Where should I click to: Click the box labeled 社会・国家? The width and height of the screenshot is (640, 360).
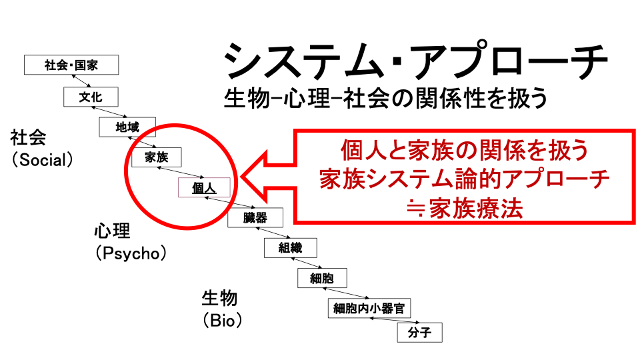71,65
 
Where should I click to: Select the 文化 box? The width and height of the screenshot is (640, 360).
91,97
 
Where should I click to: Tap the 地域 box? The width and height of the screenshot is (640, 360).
127,127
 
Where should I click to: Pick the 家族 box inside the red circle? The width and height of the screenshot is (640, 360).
156,157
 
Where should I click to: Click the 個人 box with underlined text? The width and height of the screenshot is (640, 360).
204,188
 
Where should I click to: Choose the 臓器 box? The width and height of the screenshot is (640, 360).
255,218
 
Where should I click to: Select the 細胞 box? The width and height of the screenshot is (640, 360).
322,278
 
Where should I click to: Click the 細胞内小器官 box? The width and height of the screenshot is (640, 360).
369,308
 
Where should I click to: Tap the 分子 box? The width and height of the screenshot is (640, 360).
419,333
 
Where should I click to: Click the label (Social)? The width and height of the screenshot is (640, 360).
41,161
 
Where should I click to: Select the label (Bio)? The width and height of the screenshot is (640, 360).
222,321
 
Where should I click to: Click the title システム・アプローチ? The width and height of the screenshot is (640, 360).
415,61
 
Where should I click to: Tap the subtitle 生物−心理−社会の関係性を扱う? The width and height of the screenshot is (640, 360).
386,99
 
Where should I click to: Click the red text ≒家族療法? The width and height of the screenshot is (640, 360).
465,209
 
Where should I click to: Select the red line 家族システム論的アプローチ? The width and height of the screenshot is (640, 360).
465,179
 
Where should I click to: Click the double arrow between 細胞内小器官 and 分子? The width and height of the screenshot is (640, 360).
388,321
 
